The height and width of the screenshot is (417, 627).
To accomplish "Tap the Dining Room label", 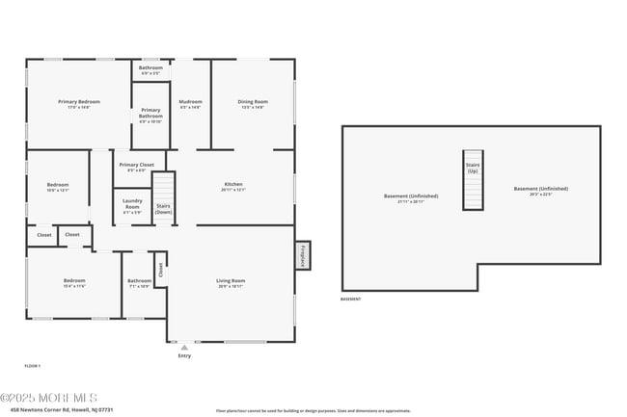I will [x=253, y=103].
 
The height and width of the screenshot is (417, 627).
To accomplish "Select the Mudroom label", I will [x=190, y=103].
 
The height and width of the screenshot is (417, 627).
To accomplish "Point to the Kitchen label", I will [x=233, y=186].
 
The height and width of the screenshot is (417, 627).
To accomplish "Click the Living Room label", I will [x=231, y=282].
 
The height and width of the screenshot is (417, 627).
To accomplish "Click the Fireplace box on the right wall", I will [x=302, y=255].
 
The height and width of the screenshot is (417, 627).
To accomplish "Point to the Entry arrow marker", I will [x=184, y=347].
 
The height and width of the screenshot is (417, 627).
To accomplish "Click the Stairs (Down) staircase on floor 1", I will [x=165, y=197].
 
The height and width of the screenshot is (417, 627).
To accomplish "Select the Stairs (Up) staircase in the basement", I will [x=473, y=179].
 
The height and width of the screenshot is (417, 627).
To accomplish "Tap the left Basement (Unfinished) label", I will [x=411, y=197].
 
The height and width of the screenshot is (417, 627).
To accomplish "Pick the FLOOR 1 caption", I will [x=33, y=366].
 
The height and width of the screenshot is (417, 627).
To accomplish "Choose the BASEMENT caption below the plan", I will [x=351, y=300].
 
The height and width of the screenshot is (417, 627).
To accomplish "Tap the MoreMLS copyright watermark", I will [x=48, y=397].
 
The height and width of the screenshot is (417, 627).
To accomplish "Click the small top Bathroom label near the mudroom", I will [x=150, y=69].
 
